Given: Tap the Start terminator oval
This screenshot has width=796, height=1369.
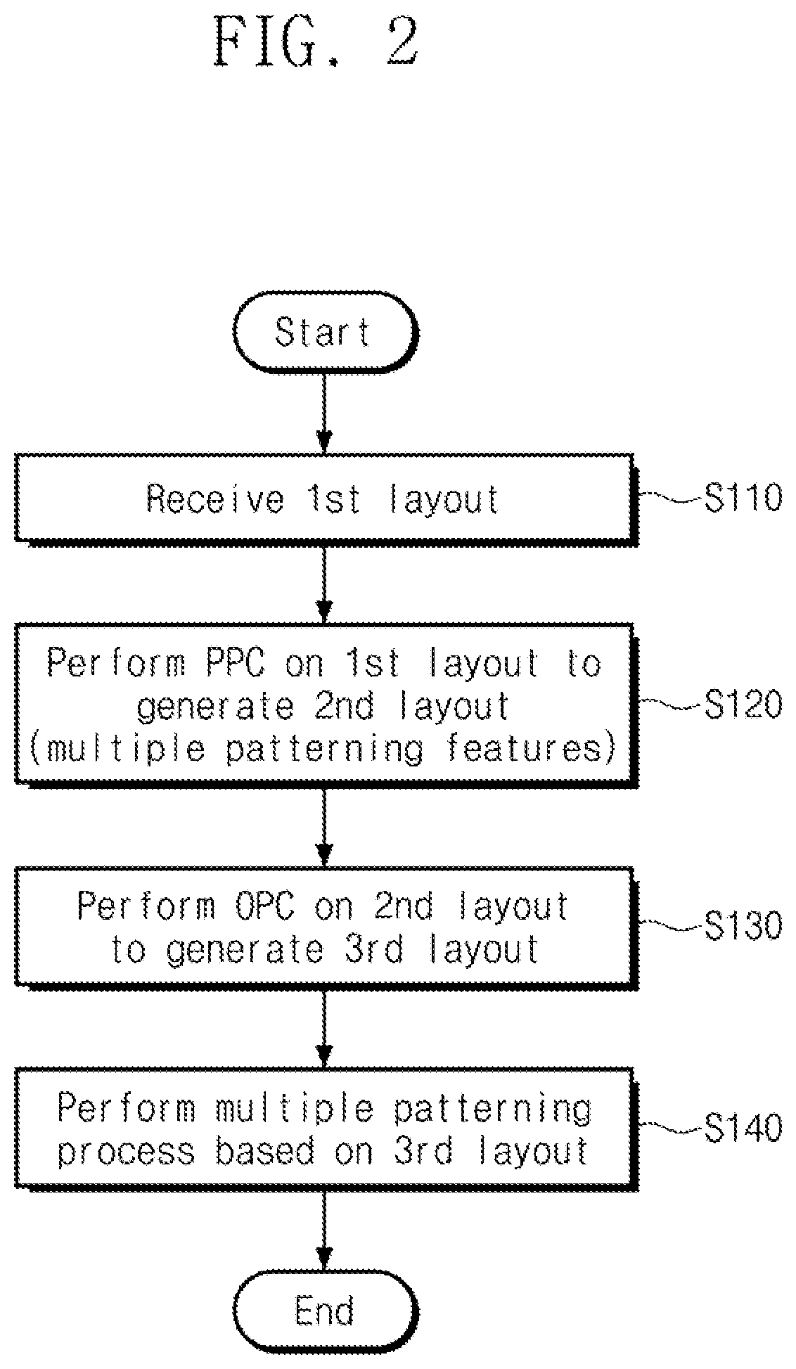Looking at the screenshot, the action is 325,331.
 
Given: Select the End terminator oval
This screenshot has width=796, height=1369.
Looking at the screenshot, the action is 325,1312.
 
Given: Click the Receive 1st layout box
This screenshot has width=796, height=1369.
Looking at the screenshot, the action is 326,499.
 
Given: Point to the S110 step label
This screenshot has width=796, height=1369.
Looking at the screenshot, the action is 743,499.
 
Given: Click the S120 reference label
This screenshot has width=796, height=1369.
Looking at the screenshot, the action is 743,705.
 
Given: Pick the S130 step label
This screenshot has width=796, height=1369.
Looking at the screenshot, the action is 743,927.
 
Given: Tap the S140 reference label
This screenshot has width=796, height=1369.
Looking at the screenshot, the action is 743,1129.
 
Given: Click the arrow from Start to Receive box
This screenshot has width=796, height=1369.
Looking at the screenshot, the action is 324,412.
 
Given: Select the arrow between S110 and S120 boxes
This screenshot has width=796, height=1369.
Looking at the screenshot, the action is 324,584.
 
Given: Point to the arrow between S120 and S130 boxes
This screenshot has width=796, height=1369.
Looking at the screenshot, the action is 324,826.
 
